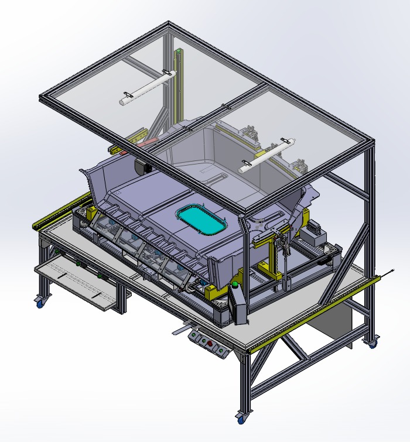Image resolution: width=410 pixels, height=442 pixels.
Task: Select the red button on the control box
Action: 204,343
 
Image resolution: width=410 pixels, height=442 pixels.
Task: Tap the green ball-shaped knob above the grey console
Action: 235,285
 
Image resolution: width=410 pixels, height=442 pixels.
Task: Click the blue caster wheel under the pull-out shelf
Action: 40,302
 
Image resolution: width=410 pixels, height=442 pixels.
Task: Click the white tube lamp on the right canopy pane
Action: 266,155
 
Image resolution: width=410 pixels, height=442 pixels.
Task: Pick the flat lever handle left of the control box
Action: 182,329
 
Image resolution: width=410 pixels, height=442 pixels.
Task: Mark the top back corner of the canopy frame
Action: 170,25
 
